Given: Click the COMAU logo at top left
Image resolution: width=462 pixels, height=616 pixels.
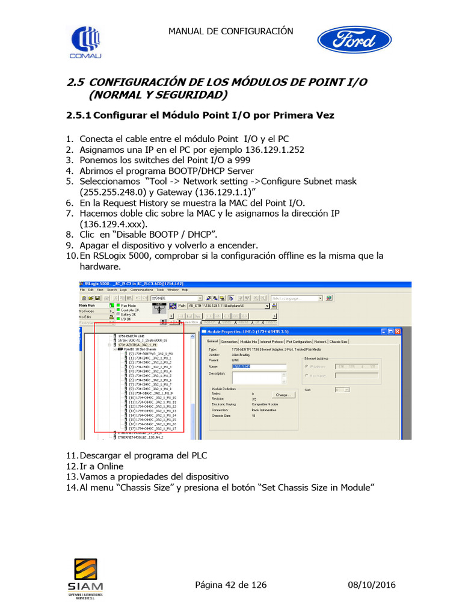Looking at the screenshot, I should (x=87, y=42).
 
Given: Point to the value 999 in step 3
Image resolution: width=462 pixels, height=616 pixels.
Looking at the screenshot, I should (x=241, y=160).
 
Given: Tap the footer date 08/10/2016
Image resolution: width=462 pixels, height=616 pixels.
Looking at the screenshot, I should (x=372, y=585).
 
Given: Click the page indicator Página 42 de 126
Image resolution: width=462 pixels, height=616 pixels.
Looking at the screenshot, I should (x=231, y=585).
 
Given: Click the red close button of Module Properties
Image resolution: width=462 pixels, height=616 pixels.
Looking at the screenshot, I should (x=397, y=331).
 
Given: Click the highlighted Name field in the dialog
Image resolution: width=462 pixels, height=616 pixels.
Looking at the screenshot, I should (x=241, y=366).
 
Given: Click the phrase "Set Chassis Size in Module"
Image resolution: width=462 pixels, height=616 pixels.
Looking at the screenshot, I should (x=319, y=487).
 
